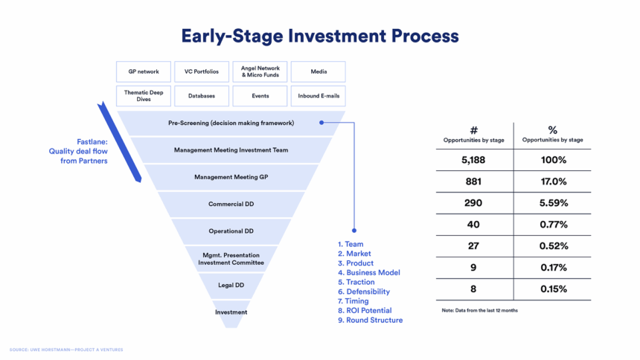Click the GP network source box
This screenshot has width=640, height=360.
[x=144, y=72]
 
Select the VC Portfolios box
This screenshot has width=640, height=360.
[x=202, y=72]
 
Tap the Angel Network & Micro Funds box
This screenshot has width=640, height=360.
[x=260, y=72]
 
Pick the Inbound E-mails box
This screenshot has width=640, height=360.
[x=319, y=96]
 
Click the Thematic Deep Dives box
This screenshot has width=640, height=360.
[x=144, y=96]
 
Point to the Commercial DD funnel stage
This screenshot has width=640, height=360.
[x=231, y=204]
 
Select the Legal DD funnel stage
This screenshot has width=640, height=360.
[x=231, y=286]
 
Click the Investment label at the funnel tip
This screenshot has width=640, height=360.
[x=231, y=312]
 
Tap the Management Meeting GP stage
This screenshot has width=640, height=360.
[x=231, y=177]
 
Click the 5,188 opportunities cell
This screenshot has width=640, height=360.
[x=473, y=160]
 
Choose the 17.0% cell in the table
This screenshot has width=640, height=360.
[x=554, y=181]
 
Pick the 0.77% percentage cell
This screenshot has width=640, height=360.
[x=554, y=225]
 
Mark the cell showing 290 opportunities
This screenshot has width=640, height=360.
[x=473, y=203]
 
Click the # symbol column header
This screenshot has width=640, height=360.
[x=473, y=130]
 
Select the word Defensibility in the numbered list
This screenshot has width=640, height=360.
[x=368, y=292]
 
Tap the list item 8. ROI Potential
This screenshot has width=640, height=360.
[x=365, y=311]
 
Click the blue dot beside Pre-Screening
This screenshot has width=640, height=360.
[x=321, y=123]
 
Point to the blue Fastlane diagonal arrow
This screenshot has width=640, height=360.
[x=119, y=141]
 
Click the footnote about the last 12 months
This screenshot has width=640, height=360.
[x=479, y=311]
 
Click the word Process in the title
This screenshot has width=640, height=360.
[x=425, y=36]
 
